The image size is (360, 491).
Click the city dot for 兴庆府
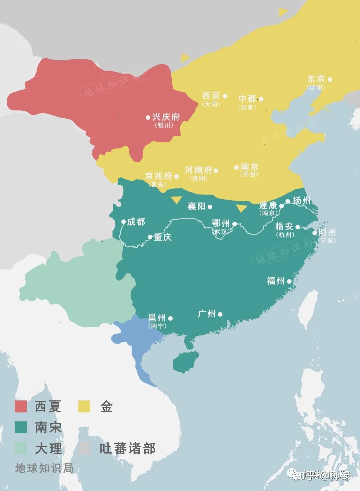click(148, 117)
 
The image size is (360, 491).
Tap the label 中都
click(247, 99)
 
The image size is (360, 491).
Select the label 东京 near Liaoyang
click(316, 79)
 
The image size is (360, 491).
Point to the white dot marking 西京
click(225, 96)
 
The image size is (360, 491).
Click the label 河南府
click(199, 170)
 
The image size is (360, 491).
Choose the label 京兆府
click(159, 176)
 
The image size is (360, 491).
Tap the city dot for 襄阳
click(210, 207)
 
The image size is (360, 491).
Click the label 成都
click(136, 222)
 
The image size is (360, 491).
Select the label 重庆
click(163, 237)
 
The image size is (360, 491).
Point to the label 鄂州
click(221, 223)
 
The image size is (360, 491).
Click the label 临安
click(284, 227)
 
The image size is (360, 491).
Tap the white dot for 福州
click(289, 281)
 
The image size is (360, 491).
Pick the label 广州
click(207, 314)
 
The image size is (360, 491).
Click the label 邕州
click(157, 317)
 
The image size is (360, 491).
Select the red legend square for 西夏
click(21, 406)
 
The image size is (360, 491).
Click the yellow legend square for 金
click(84, 406)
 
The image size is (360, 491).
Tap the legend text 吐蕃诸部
click(127, 449)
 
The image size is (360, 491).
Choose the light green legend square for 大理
click(21, 448)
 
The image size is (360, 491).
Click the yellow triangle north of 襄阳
click(176, 200)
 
